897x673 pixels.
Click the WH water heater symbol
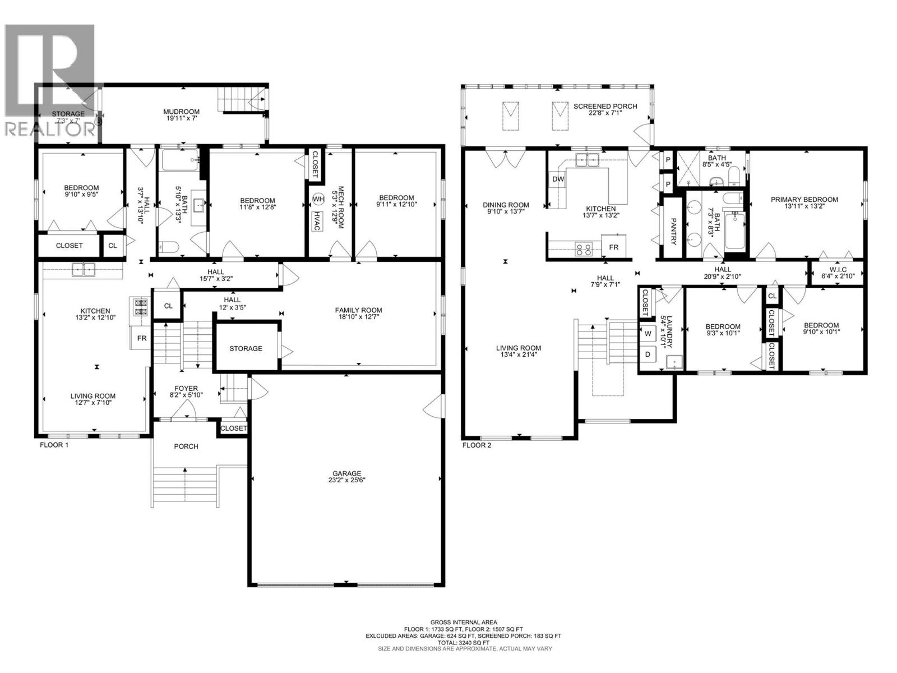click(318, 199)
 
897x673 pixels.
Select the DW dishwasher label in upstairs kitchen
click(558, 179)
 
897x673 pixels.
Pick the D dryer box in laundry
click(648, 354)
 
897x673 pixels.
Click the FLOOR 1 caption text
click(54, 445)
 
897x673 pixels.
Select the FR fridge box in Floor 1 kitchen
click(142, 339)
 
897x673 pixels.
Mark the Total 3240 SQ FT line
click(463, 642)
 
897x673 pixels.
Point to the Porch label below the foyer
click(186, 446)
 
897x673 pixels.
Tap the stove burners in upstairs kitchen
click(583, 248)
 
